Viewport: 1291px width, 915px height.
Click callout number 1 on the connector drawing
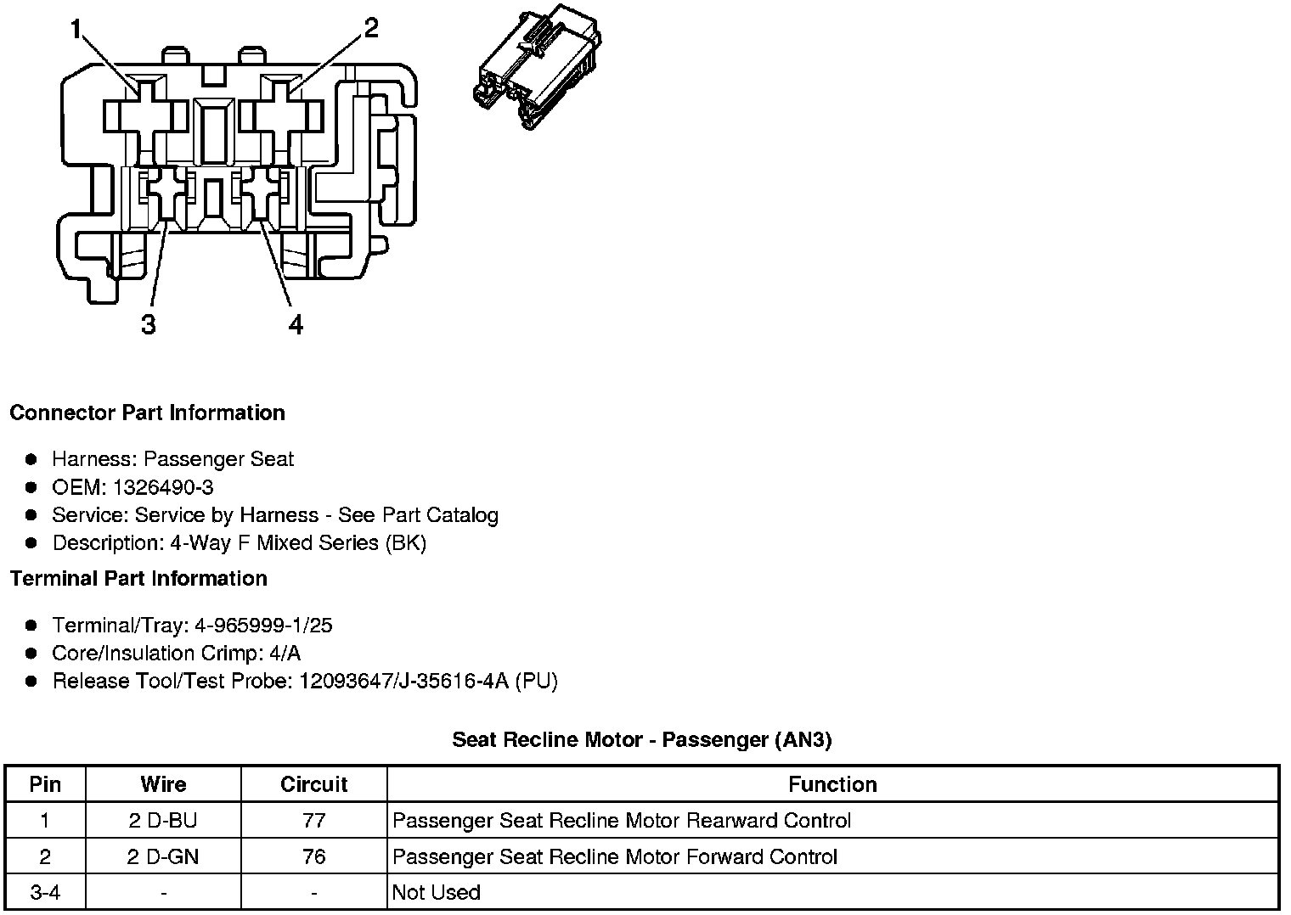pos(76,31)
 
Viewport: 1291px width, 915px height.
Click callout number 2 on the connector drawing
pos(370,28)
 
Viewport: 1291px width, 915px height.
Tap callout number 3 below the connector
pos(149,325)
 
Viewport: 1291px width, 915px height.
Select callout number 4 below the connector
pos(295,325)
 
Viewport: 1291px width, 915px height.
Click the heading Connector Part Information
pos(147,413)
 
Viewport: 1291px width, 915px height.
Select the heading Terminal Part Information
pos(138,579)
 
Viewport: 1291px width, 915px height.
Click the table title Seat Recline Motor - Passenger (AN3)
pos(641,739)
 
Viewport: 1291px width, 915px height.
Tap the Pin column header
pos(45,784)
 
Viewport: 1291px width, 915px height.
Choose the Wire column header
pos(163,784)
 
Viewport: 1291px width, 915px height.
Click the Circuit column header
pos(313,784)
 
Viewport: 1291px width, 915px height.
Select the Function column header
pos(832,784)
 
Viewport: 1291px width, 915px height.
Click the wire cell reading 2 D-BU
pos(163,821)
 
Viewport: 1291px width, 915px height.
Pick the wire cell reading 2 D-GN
pos(163,857)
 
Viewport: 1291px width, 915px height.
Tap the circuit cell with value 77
pos(313,821)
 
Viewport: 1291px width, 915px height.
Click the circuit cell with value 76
pos(313,857)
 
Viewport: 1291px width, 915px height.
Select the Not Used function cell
pos(437,893)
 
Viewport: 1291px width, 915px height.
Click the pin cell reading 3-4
pos(45,893)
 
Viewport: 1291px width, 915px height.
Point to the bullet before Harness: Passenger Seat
pos(31,459)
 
